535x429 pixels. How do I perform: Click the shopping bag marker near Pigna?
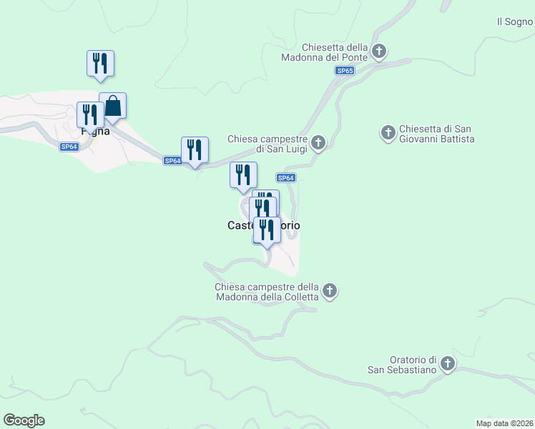(x=113, y=106)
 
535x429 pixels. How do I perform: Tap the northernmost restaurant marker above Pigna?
(x=100, y=63)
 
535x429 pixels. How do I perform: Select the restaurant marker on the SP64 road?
(x=195, y=150)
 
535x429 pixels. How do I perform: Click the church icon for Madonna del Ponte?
(x=379, y=51)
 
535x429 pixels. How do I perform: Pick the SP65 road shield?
(x=345, y=71)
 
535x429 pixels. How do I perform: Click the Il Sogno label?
(x=515, y=22)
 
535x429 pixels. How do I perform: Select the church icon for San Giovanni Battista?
(x=388, y=132)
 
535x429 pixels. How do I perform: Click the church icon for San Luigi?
(x=318, y=143)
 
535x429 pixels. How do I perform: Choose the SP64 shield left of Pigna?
(x=69, y=147)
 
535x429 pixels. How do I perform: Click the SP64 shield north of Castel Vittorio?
(x=285, y=178)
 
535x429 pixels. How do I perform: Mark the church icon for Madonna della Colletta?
(x=329, y=290)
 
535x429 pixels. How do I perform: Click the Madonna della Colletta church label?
(x=267, y=292)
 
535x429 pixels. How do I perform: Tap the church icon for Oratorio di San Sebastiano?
(x=447, y=364)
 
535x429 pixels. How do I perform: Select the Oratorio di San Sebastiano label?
(x=402, y=365)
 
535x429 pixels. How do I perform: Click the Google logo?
(x=24, y=420)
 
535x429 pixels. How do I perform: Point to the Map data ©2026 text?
(x=504, y=423)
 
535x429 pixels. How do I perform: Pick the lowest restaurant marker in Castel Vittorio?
(x=267, y=230)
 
